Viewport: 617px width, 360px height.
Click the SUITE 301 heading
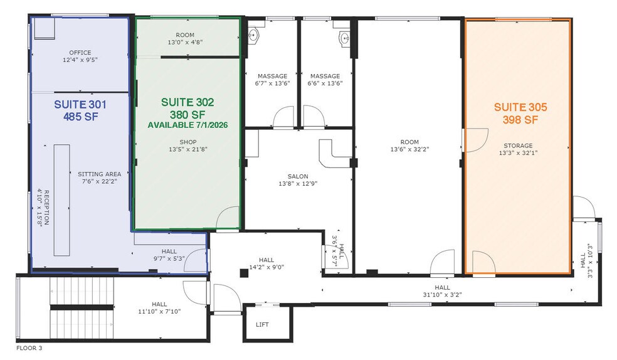(80, 104)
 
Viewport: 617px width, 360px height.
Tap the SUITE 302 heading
(187, 102)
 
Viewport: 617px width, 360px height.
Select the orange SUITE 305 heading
(520, 107)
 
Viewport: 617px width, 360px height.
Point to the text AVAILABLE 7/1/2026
(187, 125)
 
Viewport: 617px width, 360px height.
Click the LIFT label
(262, 325)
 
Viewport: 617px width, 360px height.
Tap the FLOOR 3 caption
(29, 347)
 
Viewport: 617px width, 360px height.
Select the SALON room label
(298, 176)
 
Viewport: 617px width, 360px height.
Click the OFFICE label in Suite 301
(80, 53)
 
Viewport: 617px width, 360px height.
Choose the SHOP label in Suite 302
(187, 142)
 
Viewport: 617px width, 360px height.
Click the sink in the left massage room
(254, 34)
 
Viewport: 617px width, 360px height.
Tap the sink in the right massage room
(344, 39)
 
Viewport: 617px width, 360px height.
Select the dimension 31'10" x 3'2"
(442, 294)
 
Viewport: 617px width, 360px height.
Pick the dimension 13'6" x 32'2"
(410, 149)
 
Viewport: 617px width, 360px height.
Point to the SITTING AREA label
(100, 174)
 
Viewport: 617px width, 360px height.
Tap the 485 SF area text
(80, 116)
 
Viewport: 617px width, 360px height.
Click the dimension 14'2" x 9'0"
(266, 267)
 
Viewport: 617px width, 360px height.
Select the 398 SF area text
(520, 120)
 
